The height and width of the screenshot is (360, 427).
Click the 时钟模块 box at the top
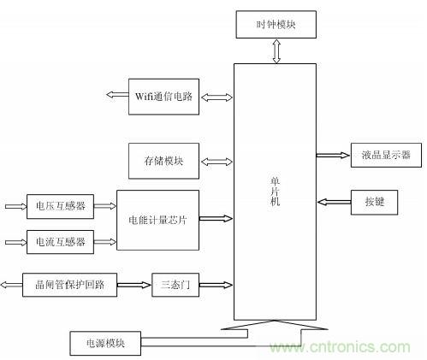(x=276, y=24)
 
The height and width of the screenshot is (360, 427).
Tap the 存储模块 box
(x=165, y=160)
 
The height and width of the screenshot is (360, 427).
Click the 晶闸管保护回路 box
(x=69, y=283)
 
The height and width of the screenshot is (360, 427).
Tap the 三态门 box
(x=176, y=284)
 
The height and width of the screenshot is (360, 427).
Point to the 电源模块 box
(x=104, y=344)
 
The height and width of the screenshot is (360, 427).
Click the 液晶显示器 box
(x=382, y=155)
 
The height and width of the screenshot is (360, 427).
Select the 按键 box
(x=374, y=202)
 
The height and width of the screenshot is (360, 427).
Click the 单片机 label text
(x=276, y=190)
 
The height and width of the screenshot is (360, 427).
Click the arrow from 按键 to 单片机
(x=334, y=202)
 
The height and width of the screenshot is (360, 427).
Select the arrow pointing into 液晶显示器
(x=333, y=155)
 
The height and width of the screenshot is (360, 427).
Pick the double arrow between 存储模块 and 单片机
(x=216, y=160)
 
